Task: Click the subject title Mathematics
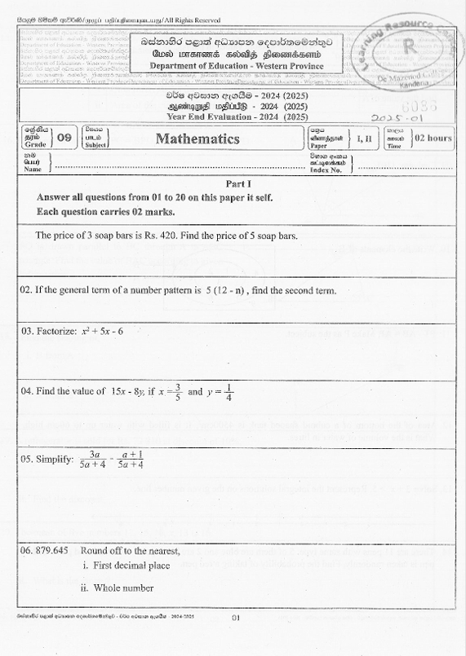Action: (x=198, y=139)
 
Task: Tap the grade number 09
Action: (x=64, y=139)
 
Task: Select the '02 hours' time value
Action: (x=433, y=139)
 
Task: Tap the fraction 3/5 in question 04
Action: (x=178, y=392)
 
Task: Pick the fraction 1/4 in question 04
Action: (x=229, y=392)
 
